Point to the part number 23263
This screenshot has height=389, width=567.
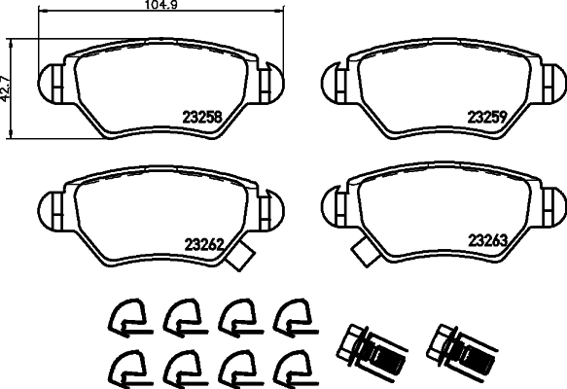pyautogui.click(x=489, y=240)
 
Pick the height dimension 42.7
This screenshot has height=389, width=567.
pyautogui.click(x=7, y=88)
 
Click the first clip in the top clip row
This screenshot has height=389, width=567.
pyautogui.click(x=124, y=314)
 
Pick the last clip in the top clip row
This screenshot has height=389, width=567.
pyautogui.click(x=290, y=314)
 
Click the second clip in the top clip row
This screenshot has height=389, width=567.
pyautogui.click(x=179, y=314)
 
